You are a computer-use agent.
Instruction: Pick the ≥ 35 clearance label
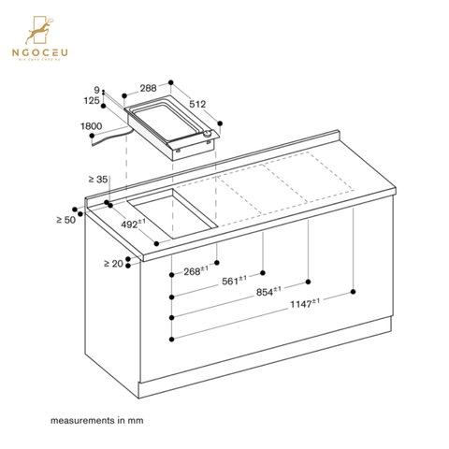click(99, 179)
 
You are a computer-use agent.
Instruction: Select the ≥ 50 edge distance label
click(65, 219)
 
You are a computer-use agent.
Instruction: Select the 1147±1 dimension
click(303, 301)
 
